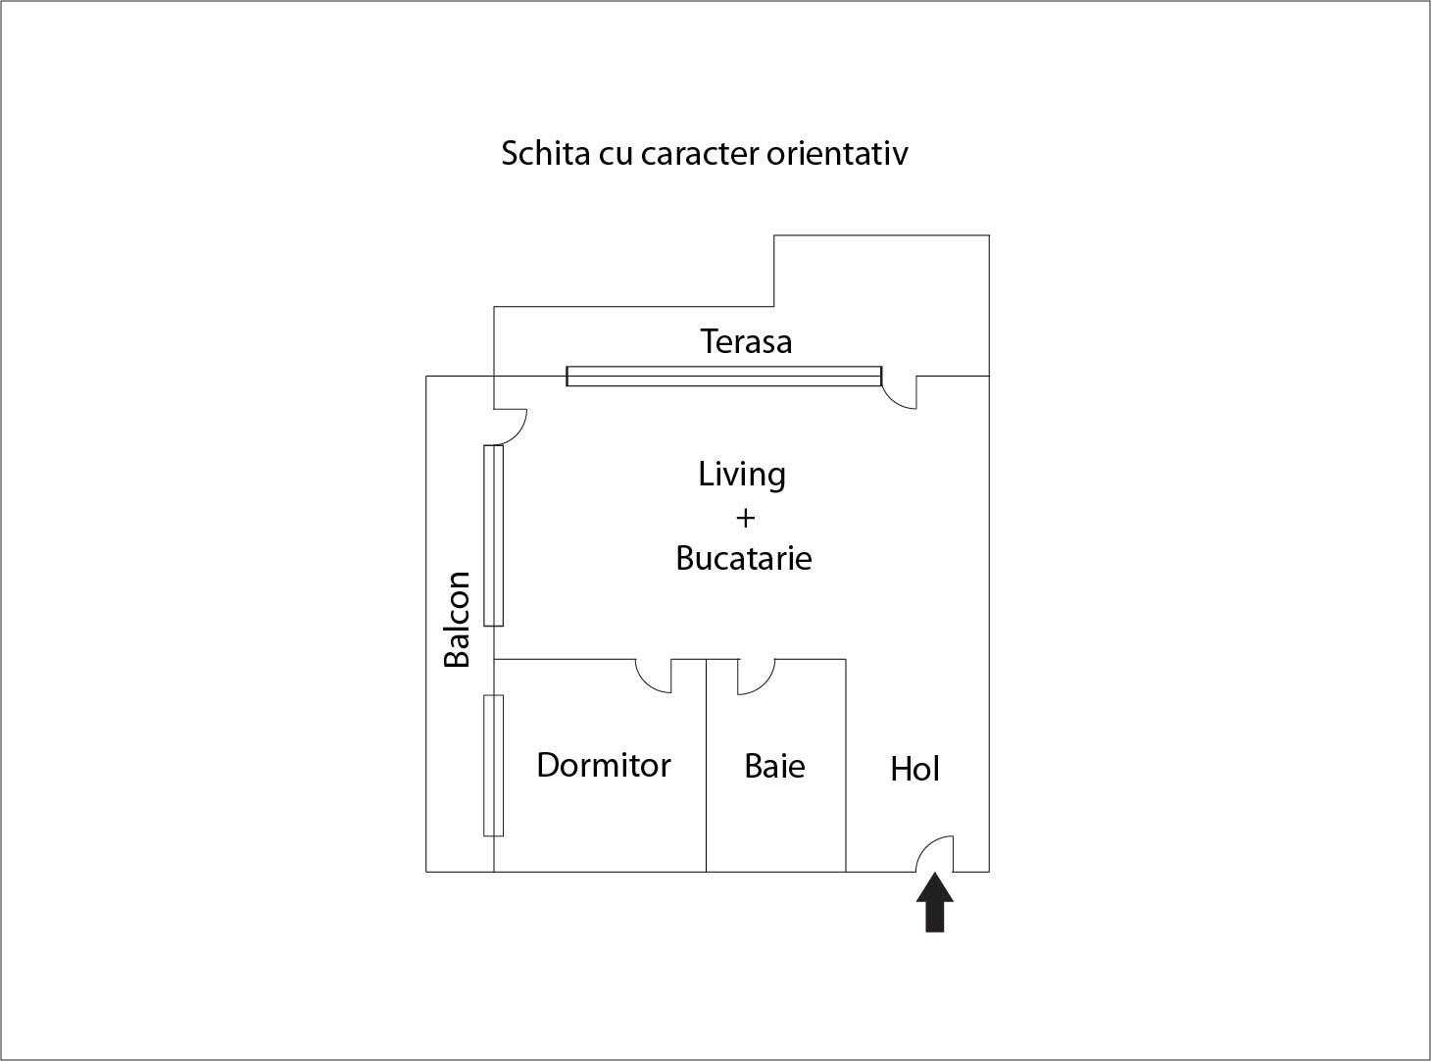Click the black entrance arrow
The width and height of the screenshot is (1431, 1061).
(x=935, y=903)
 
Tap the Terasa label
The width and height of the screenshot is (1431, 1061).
(x=746, y=341)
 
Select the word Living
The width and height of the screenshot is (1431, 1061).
(x=742, y=475)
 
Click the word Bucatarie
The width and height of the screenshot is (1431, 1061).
(x=744, y=558)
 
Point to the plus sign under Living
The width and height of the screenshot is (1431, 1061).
(x=744, y=517)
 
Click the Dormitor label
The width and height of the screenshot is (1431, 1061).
(x=603, y=765)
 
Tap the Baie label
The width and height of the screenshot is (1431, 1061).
(x=774, y=765)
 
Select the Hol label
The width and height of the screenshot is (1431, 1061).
(x=914, y=769)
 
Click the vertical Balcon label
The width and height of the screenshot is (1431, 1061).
(x=457, y=619)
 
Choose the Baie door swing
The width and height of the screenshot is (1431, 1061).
(x=755, y=676)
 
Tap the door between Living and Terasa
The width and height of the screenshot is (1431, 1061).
(x=901, y=391)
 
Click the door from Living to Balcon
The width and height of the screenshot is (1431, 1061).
(x=510, y=423)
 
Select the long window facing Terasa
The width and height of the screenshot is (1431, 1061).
(x=723, y=376)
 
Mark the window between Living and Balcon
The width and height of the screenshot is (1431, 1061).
(x=493, y=535)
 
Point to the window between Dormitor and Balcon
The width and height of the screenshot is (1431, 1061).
(x=493, y=765)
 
